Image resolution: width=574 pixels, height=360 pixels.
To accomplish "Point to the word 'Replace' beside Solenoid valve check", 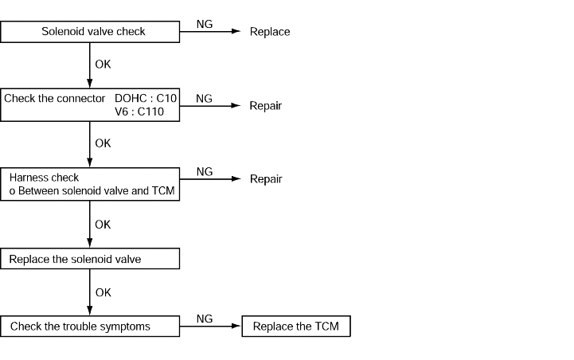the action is pyautogui.click(x=270, y=32).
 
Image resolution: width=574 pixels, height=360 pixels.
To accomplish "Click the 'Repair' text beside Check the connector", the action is pyautogui.click(x=265, y=106).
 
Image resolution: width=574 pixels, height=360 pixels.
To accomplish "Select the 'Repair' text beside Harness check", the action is pyautogui.click(x=266, y=179).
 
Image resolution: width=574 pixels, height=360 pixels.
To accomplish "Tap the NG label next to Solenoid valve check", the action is pyautogui.click(x=205, y=24).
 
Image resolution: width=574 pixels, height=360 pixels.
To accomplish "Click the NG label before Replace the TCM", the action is pyautogui.click(x=205, y=319).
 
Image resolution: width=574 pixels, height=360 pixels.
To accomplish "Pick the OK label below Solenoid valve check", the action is pyautogui.click(x=103, y=65).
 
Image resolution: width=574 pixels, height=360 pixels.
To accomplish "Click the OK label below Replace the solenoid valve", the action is pyautogui.click(x=103, y=292).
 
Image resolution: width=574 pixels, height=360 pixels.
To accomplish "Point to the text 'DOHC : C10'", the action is pyautogui.click(x=146, y=98).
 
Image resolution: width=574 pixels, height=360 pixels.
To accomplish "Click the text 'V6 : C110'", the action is pyautogui.click(x=139, y=112).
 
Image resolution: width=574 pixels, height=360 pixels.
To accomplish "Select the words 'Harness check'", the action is pyautogui.click(x=44, y=178).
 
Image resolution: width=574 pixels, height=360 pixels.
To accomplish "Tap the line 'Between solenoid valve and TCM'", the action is pyautogui.click(x=96, y=191).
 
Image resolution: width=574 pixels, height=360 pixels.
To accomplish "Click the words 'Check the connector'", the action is pyautogui.click(x=55, y=98).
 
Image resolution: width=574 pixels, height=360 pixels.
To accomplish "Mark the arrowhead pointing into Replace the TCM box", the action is pyautogui.click(x=236, y=326).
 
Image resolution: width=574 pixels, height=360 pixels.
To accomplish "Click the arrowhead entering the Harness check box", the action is pyautogui.click(x=90, y=163).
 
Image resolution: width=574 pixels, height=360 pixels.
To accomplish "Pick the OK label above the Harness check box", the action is pyautogui.click(x=103, y=143).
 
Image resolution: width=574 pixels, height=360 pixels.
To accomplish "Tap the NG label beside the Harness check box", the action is pyautogui.click(x=205, y=172).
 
